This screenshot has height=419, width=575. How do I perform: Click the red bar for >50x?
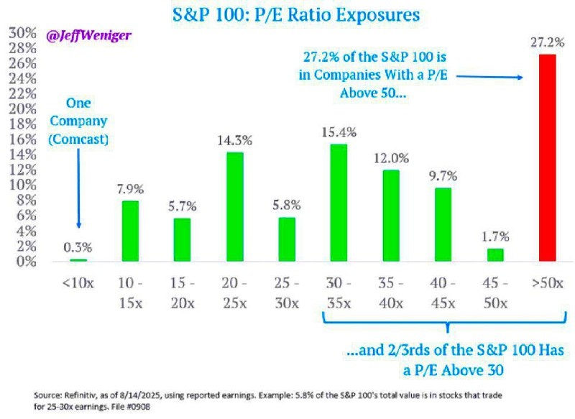click(x=548, y=157)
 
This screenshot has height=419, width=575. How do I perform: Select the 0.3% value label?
click(x=78, y=249)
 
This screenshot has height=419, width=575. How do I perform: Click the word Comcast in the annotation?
click(x=78, y=139)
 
